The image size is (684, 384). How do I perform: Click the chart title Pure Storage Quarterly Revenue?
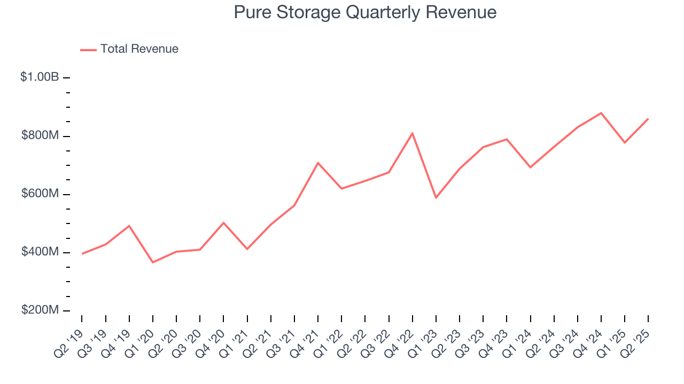point(365,12)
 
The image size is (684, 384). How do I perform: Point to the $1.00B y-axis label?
point(40,77)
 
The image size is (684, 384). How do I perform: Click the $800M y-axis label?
point(40,136)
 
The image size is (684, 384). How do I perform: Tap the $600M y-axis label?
point(40,194)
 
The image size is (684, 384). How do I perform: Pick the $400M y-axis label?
point(40,252)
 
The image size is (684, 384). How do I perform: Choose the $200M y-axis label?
point(40,310)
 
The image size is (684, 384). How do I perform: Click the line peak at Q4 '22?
point(413,133)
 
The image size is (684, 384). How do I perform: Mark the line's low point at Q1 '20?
point(153,262)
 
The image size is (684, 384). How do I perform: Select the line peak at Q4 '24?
point(601,113)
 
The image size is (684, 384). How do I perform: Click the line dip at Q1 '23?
point(436,198)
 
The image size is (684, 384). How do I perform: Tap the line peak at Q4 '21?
point(318,163)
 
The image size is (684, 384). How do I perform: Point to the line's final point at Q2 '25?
point(648,119)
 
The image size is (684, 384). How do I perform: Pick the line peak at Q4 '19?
point(129,226)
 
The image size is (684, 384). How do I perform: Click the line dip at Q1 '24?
point(531,167)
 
